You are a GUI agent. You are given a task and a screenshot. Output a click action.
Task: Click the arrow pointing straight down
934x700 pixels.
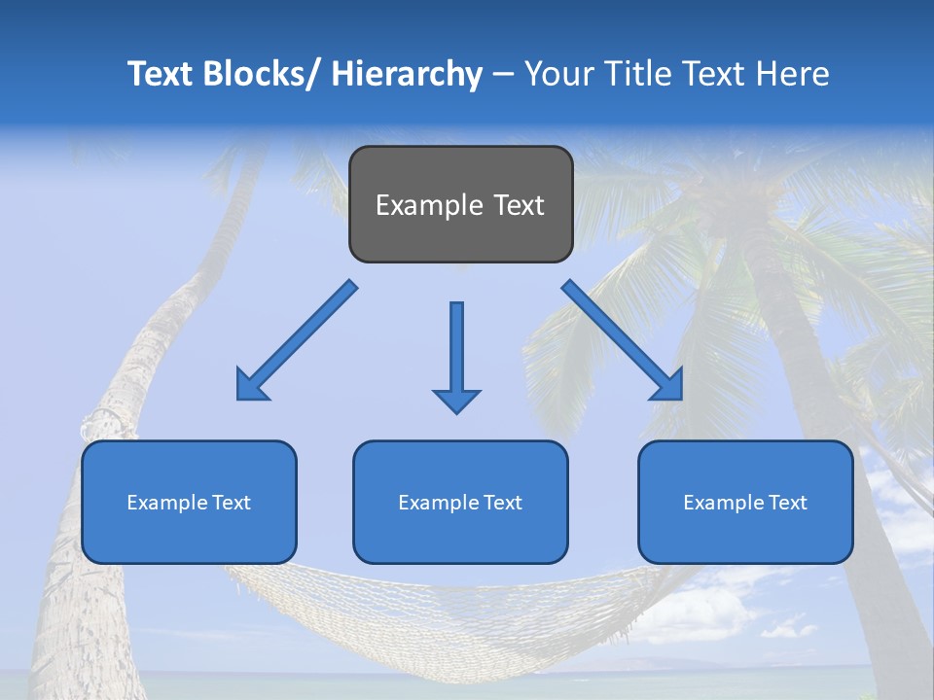tap(456, 355)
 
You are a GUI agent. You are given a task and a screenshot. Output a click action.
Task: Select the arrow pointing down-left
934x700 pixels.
tap(297, 341)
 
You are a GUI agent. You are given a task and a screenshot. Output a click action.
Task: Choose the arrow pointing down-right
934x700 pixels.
tap(623, 341)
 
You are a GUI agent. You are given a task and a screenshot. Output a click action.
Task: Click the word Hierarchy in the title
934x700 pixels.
tap(407, 74)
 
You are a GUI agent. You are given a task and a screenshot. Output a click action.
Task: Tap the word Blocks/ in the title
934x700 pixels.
tap(259, 74)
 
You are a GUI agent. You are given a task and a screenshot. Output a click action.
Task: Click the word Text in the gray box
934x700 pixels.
tap(518, 205)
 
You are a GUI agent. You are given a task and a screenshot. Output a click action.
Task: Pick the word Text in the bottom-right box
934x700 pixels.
tap(787, 503)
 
